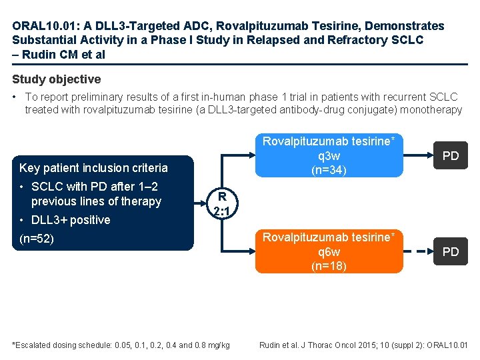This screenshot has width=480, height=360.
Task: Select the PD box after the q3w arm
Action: coord(451,156)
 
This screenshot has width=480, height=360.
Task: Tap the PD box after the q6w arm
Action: coord(451,252)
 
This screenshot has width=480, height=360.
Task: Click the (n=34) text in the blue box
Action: coord(329,171)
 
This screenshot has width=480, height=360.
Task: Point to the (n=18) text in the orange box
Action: coord(329,266)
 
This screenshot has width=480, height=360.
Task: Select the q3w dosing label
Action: coord(329,156)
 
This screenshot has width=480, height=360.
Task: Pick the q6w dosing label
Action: coord(329,252)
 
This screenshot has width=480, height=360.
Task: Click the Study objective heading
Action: coord(57,79)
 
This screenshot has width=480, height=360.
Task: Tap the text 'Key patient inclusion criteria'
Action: coord(93,168)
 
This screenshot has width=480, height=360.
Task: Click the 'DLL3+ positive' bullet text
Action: coord(71,220)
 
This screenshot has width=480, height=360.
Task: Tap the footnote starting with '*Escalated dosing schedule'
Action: coord(121,345)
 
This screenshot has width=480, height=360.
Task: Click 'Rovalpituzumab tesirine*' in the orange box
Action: coord(329,237)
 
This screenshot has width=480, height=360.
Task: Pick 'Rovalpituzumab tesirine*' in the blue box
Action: coord(329,141)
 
